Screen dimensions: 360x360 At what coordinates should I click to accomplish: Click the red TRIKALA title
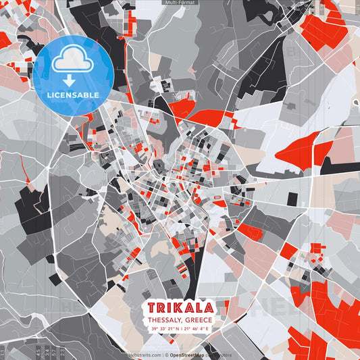180,307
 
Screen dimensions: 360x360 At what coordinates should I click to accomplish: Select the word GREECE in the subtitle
198,319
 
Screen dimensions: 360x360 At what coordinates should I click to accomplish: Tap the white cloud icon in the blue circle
74,60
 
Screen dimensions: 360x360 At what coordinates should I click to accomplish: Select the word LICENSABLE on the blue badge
74,95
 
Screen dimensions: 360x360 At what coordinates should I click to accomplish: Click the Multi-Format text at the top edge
180,3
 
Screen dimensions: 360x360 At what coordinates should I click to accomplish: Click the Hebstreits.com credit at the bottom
144,355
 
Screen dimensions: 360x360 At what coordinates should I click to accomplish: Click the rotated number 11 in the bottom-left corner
4,353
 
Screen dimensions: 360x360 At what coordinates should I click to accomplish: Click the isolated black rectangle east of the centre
292,199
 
